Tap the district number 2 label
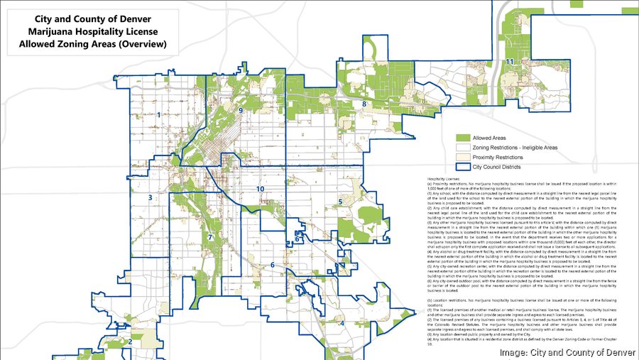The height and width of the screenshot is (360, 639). [130, 342]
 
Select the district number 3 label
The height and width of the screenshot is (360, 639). [151, 198]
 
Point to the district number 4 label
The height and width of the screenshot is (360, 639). [342, 323]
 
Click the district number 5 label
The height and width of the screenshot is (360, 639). [340, 202]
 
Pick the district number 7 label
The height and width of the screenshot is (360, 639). [210, 237]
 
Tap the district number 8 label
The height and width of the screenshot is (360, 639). [364, 104]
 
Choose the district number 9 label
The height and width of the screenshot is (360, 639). [241, 111]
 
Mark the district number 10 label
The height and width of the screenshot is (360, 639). [261, 189]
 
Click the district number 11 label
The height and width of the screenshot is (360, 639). [510, 62]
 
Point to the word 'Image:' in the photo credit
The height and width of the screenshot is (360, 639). [514, 352]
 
